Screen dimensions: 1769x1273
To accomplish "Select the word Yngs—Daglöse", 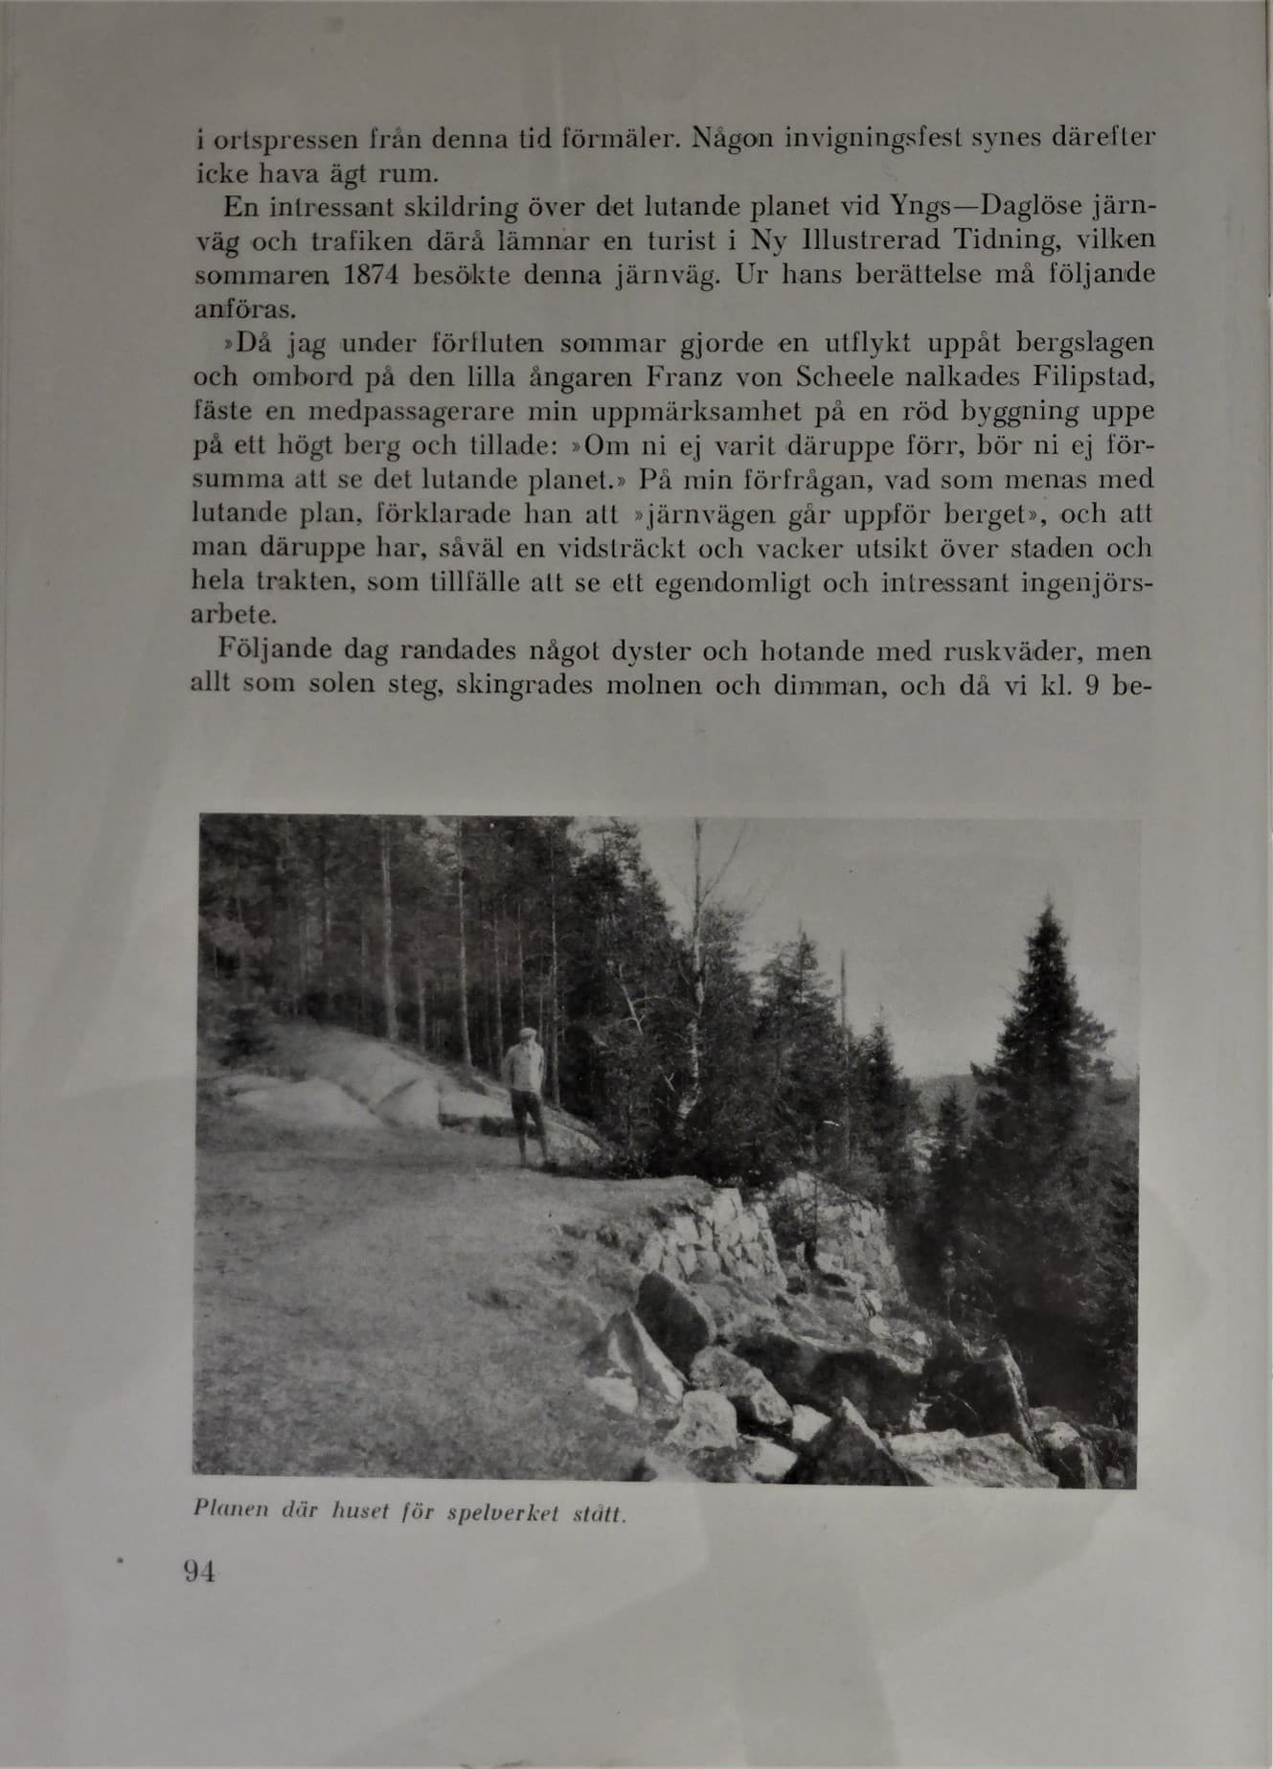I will coord(986,207).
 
